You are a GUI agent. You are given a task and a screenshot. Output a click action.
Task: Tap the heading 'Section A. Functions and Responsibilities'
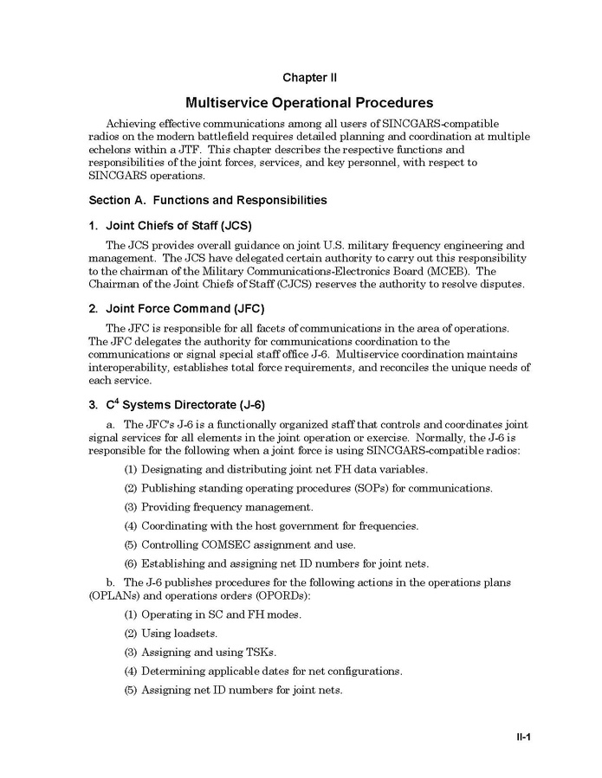tap(208, 200)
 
